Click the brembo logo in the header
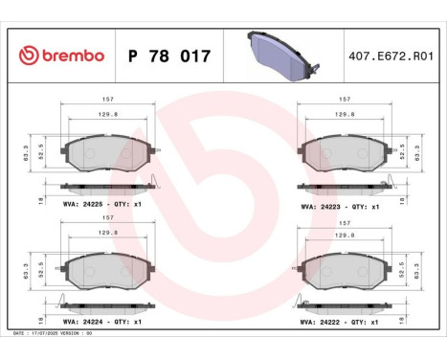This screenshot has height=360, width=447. point(59,56)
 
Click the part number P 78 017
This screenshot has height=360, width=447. point(168,56)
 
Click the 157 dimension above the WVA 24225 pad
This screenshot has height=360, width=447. point(108,100)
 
